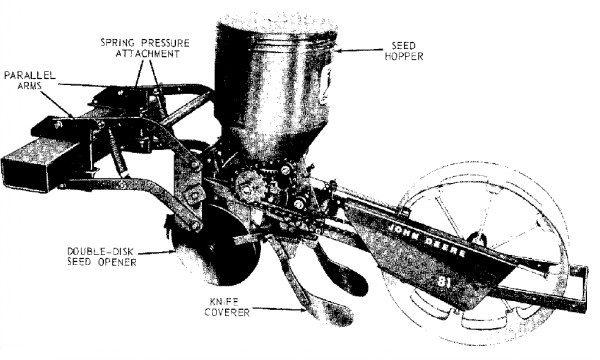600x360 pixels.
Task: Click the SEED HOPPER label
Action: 404,51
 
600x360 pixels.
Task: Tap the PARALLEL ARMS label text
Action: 29,80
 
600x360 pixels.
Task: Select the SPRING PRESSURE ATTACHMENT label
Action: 145,48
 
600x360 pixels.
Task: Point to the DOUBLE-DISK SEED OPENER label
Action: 101,257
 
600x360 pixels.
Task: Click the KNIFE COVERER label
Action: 227,307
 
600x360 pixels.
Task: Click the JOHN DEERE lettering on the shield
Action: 427,239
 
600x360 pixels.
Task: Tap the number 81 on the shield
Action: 443,283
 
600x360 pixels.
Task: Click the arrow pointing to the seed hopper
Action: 359,50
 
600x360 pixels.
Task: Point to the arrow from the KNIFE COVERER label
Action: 279,309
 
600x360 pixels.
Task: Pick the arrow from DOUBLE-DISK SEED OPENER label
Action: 157,252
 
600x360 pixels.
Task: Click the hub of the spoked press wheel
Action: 477,239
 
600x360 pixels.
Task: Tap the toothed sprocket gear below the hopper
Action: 250,186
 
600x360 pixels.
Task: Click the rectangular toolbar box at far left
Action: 41,163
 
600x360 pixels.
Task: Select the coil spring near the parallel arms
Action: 117,152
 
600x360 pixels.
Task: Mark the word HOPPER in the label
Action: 404,56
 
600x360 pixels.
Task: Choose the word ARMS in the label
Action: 29,85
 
